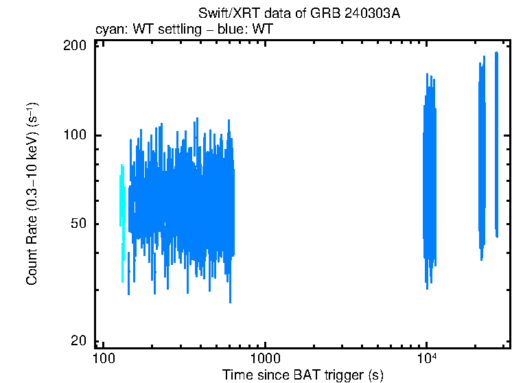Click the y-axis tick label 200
pos(74,45)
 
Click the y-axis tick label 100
pos(74,135)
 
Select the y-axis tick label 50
pos(78,224)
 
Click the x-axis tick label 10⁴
pos(427,358)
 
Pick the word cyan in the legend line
pos(107,30)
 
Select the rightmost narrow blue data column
pos(496,144)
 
